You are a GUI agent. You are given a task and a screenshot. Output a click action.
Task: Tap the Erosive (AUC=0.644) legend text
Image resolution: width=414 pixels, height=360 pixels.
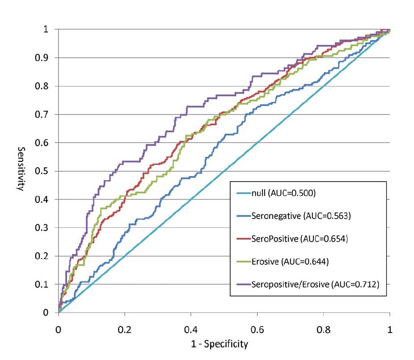point(290,262)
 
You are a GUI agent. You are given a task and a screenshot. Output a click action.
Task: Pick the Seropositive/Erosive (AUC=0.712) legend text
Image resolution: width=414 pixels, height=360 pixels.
point(315,284)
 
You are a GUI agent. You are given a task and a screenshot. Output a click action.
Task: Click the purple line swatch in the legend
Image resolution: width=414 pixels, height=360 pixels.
point(241,284)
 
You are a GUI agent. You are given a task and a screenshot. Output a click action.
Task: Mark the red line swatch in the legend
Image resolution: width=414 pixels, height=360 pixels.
point(241,239)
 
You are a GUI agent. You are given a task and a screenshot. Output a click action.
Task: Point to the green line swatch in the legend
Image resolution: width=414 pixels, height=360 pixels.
point(241,262)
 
